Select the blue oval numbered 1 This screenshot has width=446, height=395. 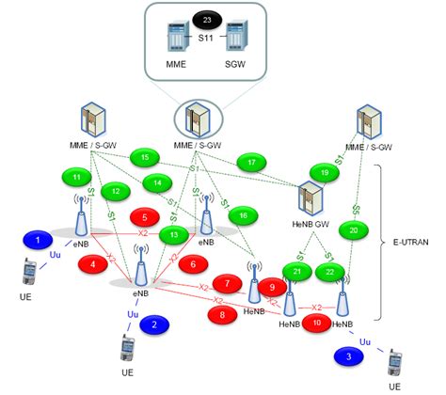click(38, 241)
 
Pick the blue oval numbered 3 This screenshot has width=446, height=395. click(349, 356)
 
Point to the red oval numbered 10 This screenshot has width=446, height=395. click(317, 323)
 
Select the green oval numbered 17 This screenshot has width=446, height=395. click(252, 163)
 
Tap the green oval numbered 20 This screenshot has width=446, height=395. click(354, 229)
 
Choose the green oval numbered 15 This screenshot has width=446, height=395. click(144, 156)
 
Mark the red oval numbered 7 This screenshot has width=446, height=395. click(227, 282)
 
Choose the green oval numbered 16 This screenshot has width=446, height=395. click(243, 215)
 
